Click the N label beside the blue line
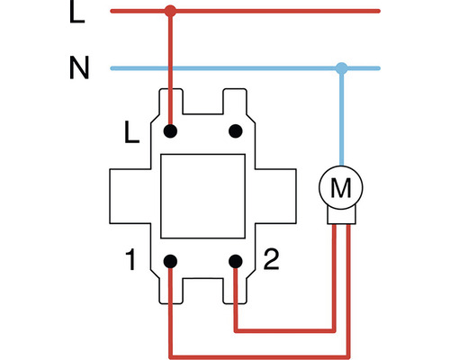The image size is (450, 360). tap(79, 67)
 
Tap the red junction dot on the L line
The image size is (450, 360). tap(170, 12)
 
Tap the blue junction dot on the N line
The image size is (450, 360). tap(341, 67)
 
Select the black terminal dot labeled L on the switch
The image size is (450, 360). tap(170, 131)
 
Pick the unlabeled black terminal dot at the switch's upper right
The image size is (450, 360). tap(236, 131)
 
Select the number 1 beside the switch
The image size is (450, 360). tap(131, 264)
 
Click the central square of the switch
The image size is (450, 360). tap(202, 196)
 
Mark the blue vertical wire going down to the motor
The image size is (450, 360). tap(341, 117)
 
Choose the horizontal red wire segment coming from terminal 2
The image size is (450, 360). tap(283, 331)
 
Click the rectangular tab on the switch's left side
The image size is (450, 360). tap(131, 197)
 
